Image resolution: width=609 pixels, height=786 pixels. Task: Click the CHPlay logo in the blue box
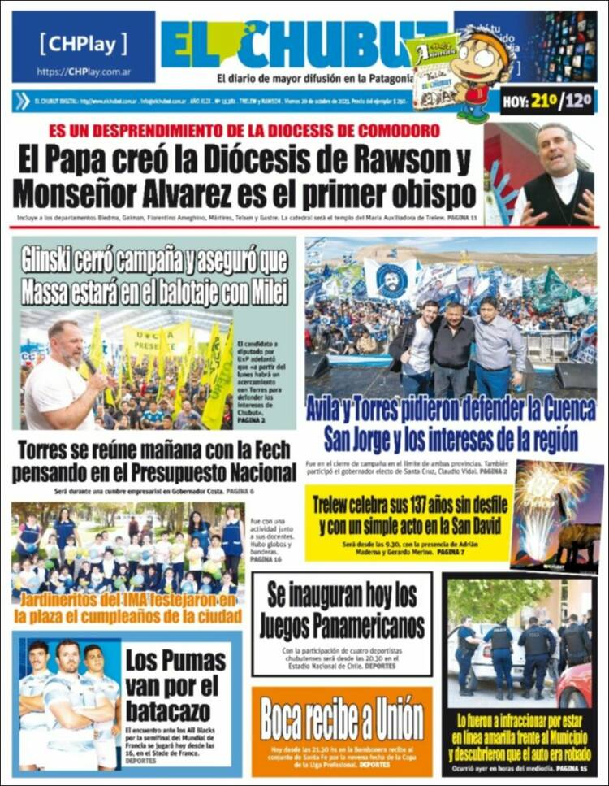[83, 43]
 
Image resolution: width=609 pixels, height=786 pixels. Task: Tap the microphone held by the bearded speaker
[89, 363]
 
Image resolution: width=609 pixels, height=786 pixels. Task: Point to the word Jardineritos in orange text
[67, 601]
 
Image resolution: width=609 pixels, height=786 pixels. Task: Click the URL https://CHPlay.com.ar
[83, 72]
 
